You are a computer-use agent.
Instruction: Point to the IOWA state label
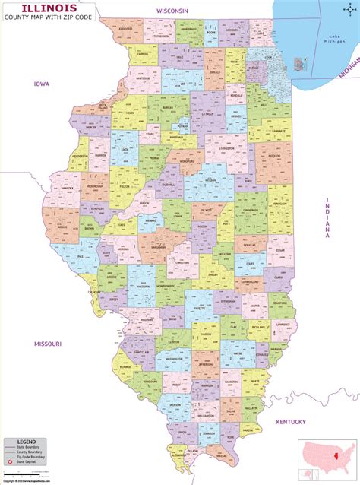[x=40, y=84]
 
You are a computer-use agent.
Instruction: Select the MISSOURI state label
[x=47, y=344]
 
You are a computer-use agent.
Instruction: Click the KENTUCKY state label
[x=290, y=421]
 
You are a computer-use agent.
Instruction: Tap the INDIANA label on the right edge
[x=328, y=218]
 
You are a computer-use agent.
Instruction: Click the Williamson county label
[x=205, y=417]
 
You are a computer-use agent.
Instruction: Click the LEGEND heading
[x=23, y=442]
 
